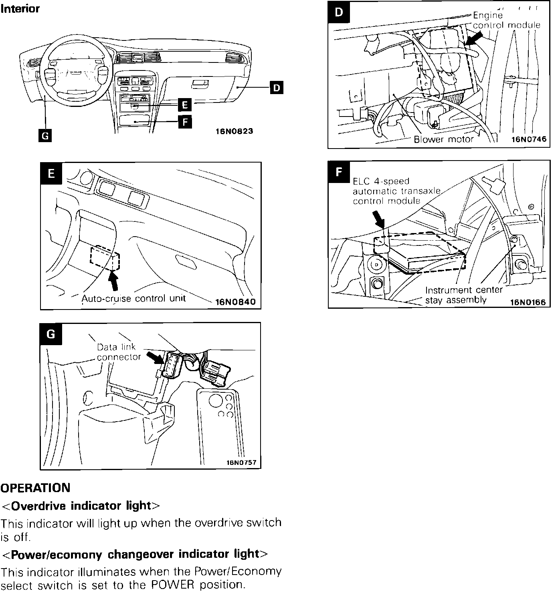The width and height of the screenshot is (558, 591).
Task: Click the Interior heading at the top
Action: coord(20,9)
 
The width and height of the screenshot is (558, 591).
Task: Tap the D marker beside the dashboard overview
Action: coord(277,87)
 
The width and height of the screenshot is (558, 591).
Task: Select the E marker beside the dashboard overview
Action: coord(184,105)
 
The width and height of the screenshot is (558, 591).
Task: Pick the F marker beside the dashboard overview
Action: coord(184,122)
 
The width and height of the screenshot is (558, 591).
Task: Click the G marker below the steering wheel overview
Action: coord(45,136)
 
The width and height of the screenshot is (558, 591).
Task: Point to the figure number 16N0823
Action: coord(235,131)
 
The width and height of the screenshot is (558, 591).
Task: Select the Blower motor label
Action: coord(443,139)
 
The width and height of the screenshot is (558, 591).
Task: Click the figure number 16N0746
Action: coord(529,140)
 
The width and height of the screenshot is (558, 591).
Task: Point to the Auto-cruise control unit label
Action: coord(133,298)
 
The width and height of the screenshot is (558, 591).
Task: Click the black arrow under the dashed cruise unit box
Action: coord(115,280)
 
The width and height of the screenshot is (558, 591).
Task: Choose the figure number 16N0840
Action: coord(235,302)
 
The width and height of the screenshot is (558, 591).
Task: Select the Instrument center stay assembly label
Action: coord(463,295)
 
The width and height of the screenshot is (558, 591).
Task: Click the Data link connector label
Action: coord(119,352)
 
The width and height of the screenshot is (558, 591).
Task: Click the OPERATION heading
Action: coord(35,488)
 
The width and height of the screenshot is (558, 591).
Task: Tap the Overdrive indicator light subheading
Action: coord(81,506)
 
